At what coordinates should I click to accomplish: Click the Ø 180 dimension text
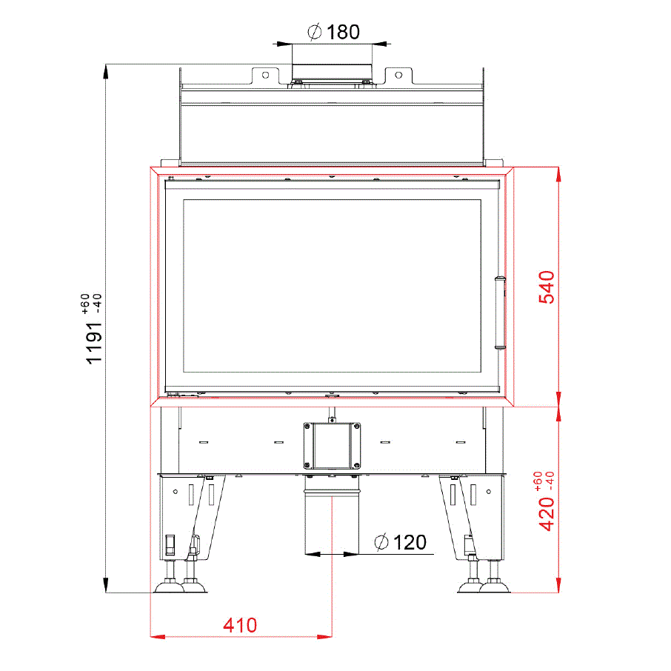(x=333, y=32)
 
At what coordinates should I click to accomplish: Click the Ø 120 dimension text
(x=400, y=542)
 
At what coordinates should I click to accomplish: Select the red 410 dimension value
(x=240, y=625)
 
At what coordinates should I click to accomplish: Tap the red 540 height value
(x=547, y=287)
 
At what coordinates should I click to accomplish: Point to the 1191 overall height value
(x=94, y=343)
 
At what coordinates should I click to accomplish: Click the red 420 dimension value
(x=547, y=514)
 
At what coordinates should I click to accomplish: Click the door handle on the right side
(x=500, y=313)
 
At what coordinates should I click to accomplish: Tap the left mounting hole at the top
(x=265, y=76)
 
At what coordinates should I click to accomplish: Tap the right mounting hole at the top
(x=398, y=76)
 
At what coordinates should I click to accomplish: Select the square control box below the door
(x=332, y=446)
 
